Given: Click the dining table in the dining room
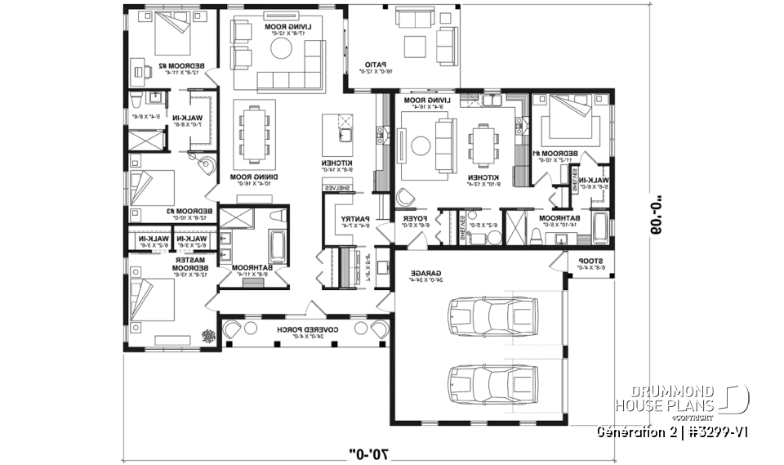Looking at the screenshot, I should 252,134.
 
